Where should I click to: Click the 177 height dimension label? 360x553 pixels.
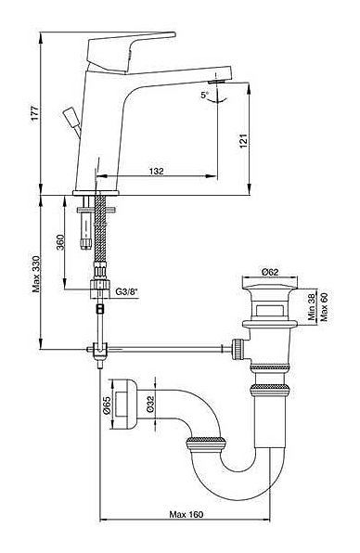pos(34,113)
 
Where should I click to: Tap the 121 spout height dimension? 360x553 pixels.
pos(244,141)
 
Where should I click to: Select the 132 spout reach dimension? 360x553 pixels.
pos(157,171)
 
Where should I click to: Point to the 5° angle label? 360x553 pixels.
pos(204,95)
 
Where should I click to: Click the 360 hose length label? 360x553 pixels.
pos(60,242)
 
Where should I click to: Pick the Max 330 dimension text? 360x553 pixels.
pos(36,274)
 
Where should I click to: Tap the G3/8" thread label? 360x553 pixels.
pos(126,291)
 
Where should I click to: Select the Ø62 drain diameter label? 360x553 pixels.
pos(270,272)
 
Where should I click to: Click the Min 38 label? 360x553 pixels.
pos(312,307)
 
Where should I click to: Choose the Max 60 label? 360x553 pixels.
pos(324,307)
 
